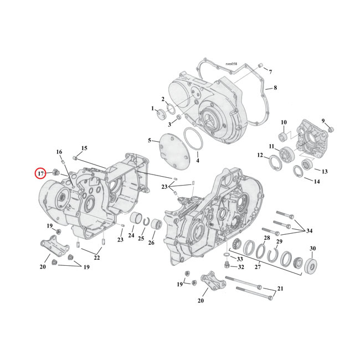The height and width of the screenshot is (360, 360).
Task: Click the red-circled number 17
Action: click(x=40, y=174)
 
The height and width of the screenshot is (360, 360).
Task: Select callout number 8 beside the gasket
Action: click(x=275, y=88)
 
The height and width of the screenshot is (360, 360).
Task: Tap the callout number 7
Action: click(x=270, y=73)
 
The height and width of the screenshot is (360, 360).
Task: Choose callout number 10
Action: click(x=283, y=122)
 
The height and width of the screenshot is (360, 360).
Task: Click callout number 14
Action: click(x=316, y=182)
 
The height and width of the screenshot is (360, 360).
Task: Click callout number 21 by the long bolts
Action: click(x=280, y=289)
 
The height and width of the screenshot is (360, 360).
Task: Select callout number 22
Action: click(x=97, y=258)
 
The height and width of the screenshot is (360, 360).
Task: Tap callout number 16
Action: click(x=59, y=152)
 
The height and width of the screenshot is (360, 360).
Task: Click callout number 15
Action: click(x=84, y=148)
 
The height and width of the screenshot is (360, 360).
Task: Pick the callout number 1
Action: click(x=152, y=109)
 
